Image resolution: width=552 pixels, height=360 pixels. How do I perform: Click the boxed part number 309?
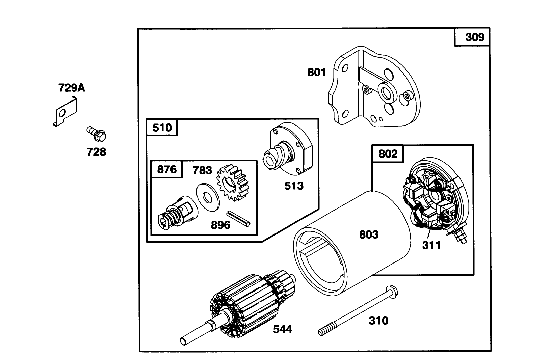pos(474,37)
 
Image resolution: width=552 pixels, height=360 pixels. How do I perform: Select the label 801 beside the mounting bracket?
pos(316,72)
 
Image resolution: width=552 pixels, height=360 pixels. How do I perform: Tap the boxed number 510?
pos(162,128)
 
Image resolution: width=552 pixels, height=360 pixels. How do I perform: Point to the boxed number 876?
pos(167,169)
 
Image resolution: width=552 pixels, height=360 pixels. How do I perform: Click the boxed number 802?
pos(388,154)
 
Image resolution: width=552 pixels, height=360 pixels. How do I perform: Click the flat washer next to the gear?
pos(207,197)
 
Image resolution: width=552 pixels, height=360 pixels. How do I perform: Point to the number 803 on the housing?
pos(369,234)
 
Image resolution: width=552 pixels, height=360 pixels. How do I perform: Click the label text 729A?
pos(72,88)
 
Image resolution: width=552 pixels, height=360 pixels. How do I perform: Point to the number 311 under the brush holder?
pos(431,245)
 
